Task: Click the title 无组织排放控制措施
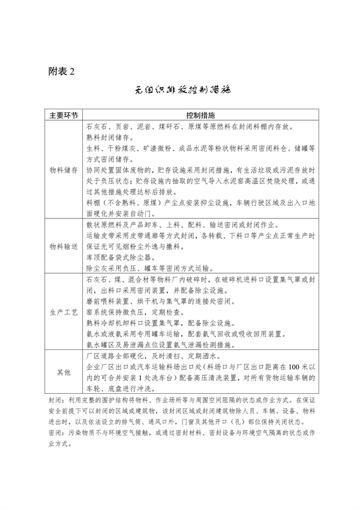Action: pos(180,92)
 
